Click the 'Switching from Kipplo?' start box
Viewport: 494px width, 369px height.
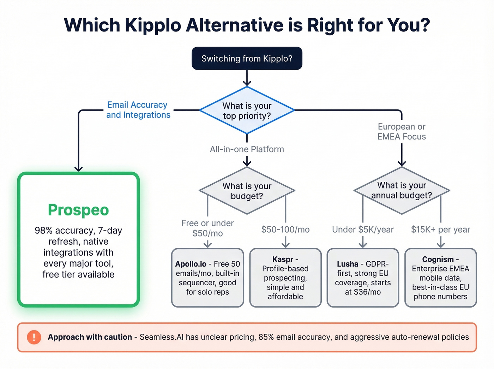pyautogui.click(x=247, y=58)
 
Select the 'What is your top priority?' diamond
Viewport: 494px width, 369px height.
pyautogui.click(x=247, y=111)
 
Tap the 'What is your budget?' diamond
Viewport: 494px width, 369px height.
pyautogui.click(x=247, y=191)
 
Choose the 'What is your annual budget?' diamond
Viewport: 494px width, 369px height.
pyautogui.click(x=402, y=190)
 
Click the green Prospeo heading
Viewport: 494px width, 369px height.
pyautogui.click(x=78, y=210)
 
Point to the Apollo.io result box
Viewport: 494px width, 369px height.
pyautogui.click(x=207, y=278)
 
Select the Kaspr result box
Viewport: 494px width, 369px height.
pyautogui.click(x=285, y=278)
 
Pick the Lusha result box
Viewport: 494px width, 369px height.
pyautogui.click(x=363, y=278)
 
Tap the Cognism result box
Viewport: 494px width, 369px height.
pyautogui.click(x=440, y=278)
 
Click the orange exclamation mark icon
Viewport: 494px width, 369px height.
pyautogui.click(x=34, y=337)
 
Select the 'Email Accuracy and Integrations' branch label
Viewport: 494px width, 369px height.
pyautogui.click(x=138, y=110)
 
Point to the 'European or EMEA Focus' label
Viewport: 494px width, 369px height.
pyautogui.click(x=402, y=132)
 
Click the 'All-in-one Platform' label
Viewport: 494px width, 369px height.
pyautogui.click(x=247, y=149)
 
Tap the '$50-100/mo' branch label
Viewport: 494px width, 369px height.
pyautogui.click(x=285, y=230)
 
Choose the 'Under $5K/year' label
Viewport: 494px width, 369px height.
pyautogui.click(x=363, y=230)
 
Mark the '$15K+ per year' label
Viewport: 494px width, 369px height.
pyautogui.click(x=440, y=230)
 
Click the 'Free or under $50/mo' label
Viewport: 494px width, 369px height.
pyautogui.click(x=207, y=228)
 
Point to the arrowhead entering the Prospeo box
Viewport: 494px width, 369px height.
pyautogui.click(x=78, y=169)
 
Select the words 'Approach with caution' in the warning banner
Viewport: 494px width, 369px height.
pyautogui.click(x=90, y=337)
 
